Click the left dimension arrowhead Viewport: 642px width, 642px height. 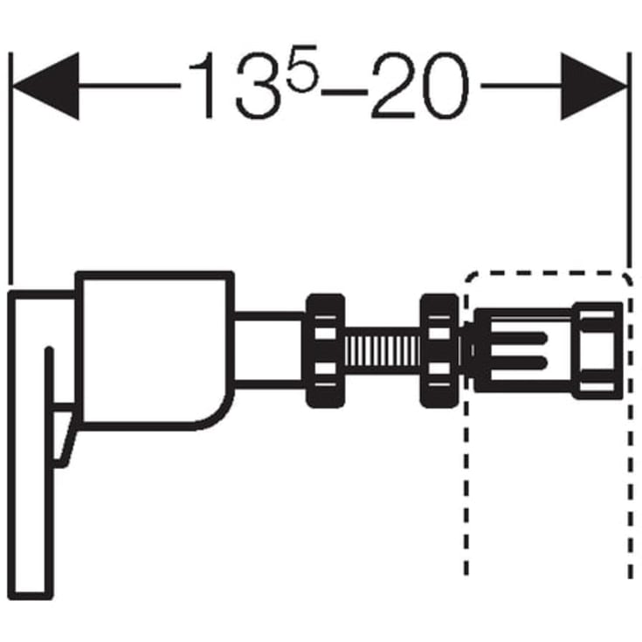point(45,86)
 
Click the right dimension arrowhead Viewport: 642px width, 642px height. point(594,86)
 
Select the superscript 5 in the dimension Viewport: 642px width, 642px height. point(303,68)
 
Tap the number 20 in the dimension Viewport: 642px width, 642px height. point(419,86)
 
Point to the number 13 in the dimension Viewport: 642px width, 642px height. point(238,86)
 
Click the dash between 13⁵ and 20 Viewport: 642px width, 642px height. point(344,93)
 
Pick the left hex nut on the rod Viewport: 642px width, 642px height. point(326,351)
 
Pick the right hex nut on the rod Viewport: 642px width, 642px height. point(439,351)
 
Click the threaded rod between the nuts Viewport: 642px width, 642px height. point(383,351)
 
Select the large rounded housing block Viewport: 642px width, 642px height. point(155,350)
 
